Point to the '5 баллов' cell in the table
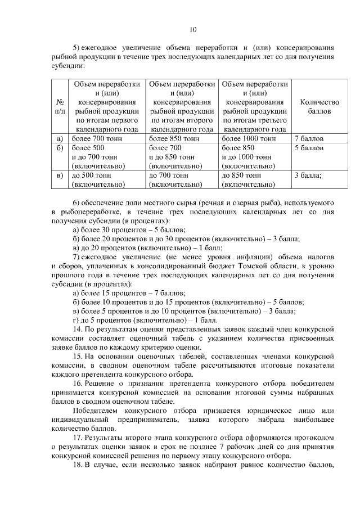coord(309,148)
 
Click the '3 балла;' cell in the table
coord(308,175)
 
